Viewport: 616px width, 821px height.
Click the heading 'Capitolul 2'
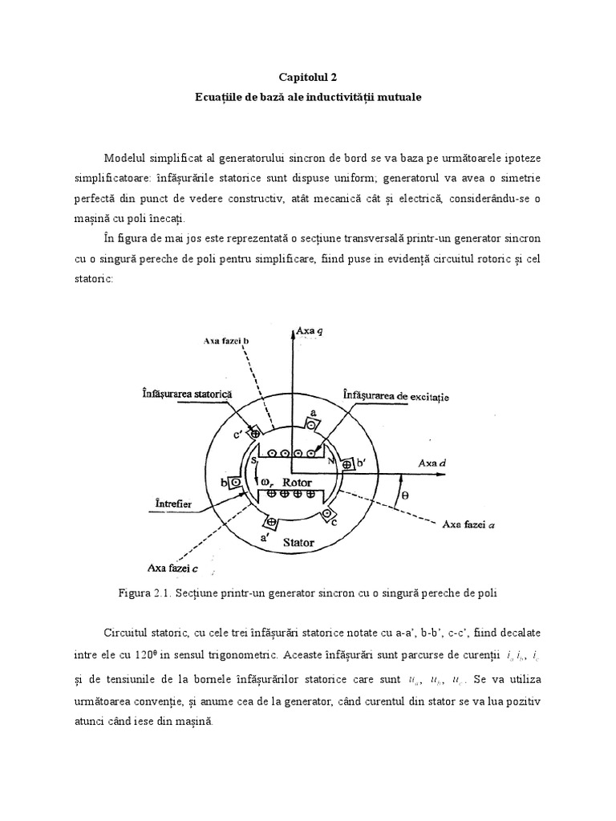(x=308, y=77)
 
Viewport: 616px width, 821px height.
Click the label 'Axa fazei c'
(x=168, y=568)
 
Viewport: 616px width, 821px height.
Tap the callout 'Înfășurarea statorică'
(x=183, y=395)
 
